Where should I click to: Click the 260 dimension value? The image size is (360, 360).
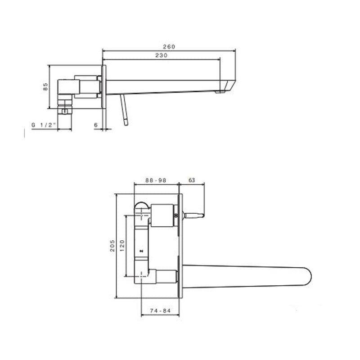pyautogui.click(x=169, y=46)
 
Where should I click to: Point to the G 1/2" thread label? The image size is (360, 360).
pyautogui.click(x=44, y=125)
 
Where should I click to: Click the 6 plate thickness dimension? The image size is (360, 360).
pyautogui.click(x=96, y=125)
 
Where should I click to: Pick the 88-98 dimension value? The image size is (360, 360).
pyautogui.click(x=156, y=180)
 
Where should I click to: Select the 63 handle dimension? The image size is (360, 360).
pyautogui.click(x=192, y=180)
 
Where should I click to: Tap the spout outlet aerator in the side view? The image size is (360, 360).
pyautogui.click(x=220, y=92)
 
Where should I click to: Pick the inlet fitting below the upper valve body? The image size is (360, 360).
pyautogui.click(x=65, y=108)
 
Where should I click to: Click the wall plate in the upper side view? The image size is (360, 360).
pyautogui.click(x=104, y=87)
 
